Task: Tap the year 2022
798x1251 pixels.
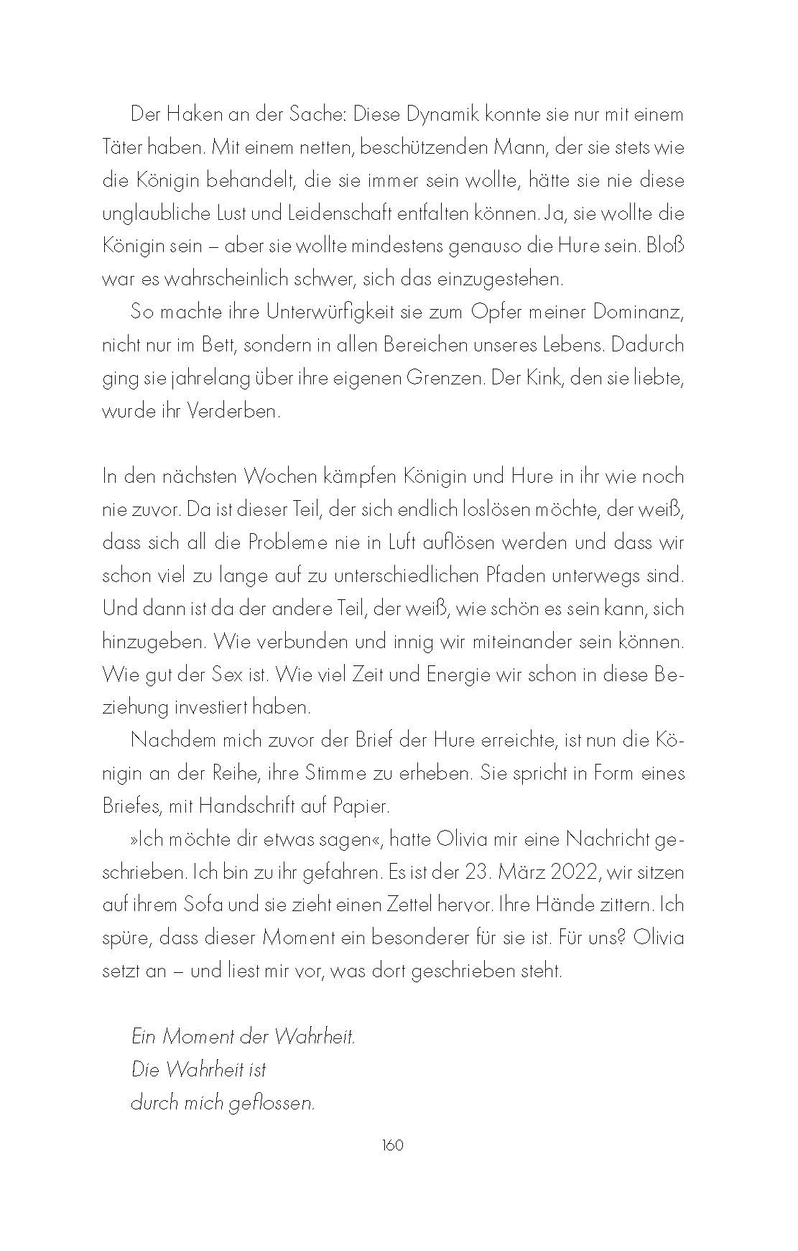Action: point(573,872)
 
